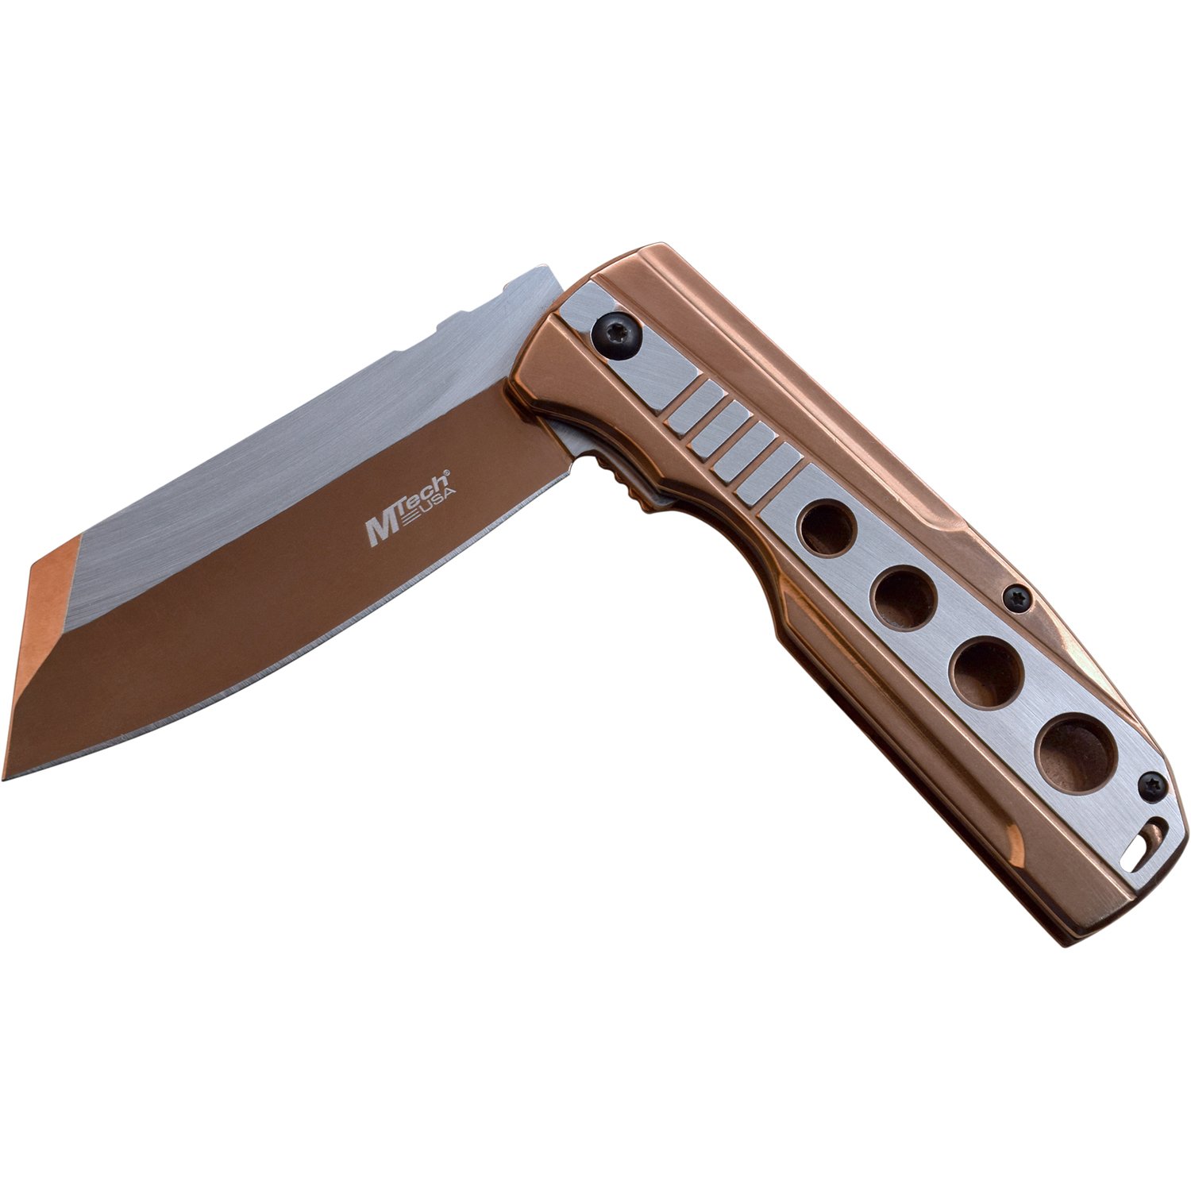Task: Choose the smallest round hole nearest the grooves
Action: pos(828,528)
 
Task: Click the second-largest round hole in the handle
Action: pos(989,672)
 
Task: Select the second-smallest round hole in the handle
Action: pos(906,599)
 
